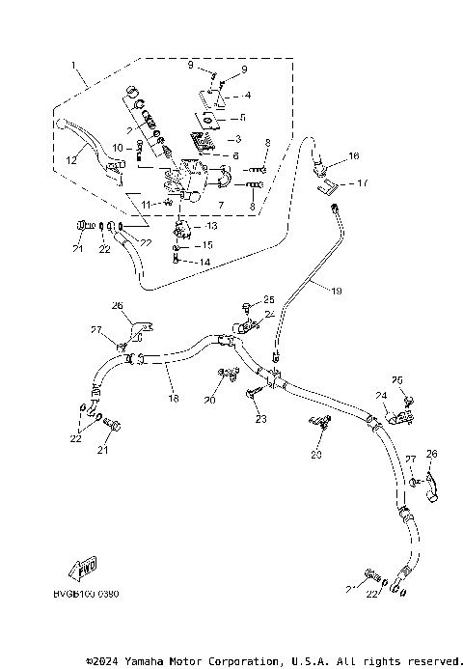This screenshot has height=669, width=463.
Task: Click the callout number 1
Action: point(72,66)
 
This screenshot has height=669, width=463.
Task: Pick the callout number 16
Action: point(354,155)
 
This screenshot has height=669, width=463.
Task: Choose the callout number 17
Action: point(363,182)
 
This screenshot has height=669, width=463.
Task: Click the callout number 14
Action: point(205,262)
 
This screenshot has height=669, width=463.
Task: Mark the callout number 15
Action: point(206,245)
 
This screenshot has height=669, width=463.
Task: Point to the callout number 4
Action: point(248,96)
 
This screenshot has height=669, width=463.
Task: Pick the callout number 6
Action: point(235,155)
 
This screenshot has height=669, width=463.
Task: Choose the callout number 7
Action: point(220,206)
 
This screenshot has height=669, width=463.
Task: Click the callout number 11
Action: point(147,204)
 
